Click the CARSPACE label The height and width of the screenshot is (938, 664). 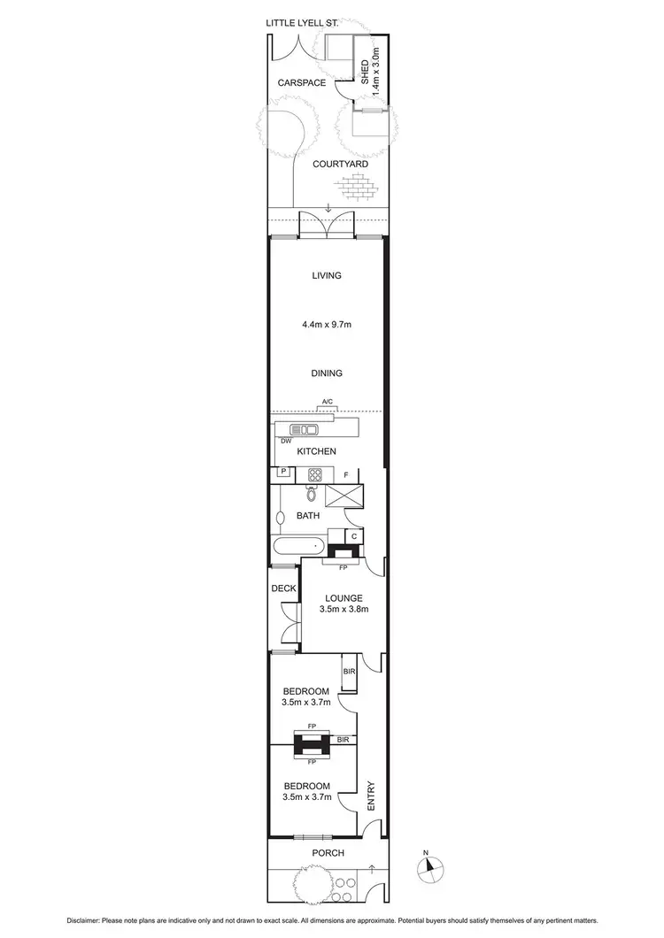pyautogui.click(x=302, y=83)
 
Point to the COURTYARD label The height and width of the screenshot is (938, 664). pyautogui.click(x=340, y=164)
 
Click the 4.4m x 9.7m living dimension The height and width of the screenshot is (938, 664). pyautogui.click(x=326, y=325)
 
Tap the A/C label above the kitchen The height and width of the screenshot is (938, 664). pyautogui.click(x=327, y=404)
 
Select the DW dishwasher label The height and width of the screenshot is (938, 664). pyautogui.click(x=286, y=441)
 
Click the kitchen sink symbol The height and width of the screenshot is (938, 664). pyautogui.click(x=305, y=430)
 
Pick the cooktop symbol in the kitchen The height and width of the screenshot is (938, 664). pyautogui.click(x=314, y=474)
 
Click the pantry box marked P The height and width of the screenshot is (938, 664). pyautogui.click(x=283, y=473)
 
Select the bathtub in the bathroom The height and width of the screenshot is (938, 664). pyautogui.click(x=300, y=546)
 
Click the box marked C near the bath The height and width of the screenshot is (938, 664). pyautogui.click(x=353, y=536)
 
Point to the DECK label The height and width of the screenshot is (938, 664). pyautogui.click(x=284, y=588)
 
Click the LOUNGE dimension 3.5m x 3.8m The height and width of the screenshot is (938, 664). pyautogui.click(x=343, y=609)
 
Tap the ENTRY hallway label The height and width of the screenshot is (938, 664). pyautogui.click(x=370, y=796)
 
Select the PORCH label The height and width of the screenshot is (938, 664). pyautogui.click(x=327, y=853)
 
